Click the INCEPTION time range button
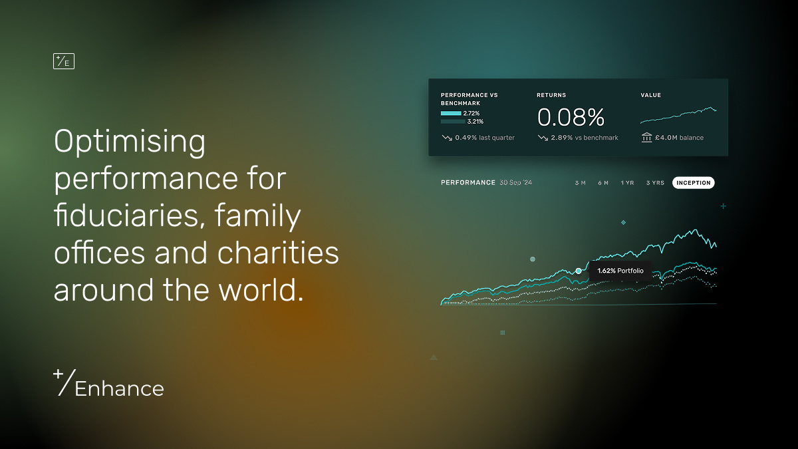coord(694,183)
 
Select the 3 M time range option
coord(580,183)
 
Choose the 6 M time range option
coord(603,183)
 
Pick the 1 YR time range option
coord(627,183)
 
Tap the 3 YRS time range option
coord(655,183)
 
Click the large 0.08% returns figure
coord(571,118)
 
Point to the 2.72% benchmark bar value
coord(471,114)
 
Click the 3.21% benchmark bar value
coord(475,122)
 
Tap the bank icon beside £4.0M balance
coord(646,138)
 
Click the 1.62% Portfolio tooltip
coord(620,271)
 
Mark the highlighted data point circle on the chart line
coord(579,271)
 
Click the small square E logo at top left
coord(63,61)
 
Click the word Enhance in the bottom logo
coord(119,388)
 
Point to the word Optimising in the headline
coord(130,142)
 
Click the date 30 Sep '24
coord(516,183)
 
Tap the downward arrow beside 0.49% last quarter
coord(447,138)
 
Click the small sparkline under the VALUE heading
coord(678,115)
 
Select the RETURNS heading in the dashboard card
coord(551,95)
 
